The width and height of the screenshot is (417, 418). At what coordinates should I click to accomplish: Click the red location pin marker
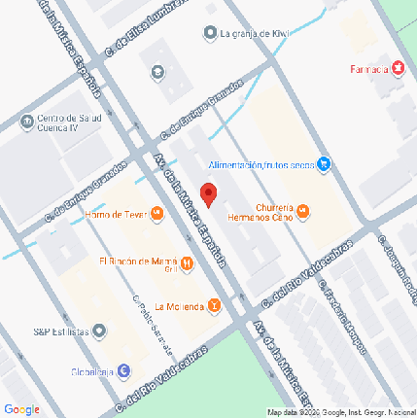[x=208, y=192]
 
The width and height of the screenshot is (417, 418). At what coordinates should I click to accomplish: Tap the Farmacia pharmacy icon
[x=397, y=71]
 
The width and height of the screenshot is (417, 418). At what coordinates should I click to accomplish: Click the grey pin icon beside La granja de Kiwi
[x=210, y=34]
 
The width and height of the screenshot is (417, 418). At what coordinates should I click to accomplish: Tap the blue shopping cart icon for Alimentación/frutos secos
[x=325, y=165]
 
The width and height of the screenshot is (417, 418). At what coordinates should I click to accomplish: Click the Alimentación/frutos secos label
[x=261, y=165]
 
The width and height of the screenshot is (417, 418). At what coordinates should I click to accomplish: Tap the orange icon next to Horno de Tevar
[x=154, y=215]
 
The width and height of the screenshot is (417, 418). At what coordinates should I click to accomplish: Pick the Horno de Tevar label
[x=114, y=215]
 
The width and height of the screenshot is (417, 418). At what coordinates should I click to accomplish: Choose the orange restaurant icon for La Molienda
[x=214, y=307]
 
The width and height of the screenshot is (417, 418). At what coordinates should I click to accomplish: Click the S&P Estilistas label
[x=61, y=332]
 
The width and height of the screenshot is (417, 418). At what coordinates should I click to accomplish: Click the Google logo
[x=21, y=409]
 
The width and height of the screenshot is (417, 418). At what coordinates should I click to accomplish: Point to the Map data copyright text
[x=340, y=412]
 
